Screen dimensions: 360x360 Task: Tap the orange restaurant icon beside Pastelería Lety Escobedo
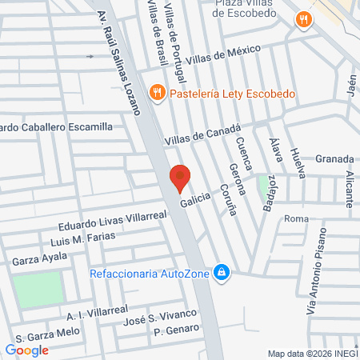[x=158, y=93]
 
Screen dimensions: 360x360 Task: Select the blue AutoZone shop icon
[x=223, y=274]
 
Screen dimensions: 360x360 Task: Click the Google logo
[x=27, y=350]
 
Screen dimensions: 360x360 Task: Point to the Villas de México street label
[x=223, y=54]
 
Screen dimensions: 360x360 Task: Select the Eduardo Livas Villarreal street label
[x=112, y=219]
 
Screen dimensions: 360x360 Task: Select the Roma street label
[x=296, y=218]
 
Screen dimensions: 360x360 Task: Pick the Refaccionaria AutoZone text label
[x=148, y=274]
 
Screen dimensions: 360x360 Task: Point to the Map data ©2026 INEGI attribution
[x=312, y=353]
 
